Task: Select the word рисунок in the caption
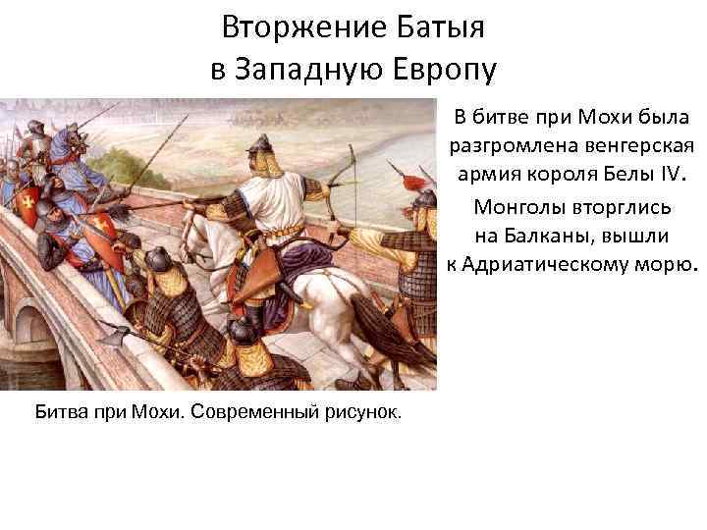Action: [x=363, y=410]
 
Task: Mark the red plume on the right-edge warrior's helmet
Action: [x=425, y=180]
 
